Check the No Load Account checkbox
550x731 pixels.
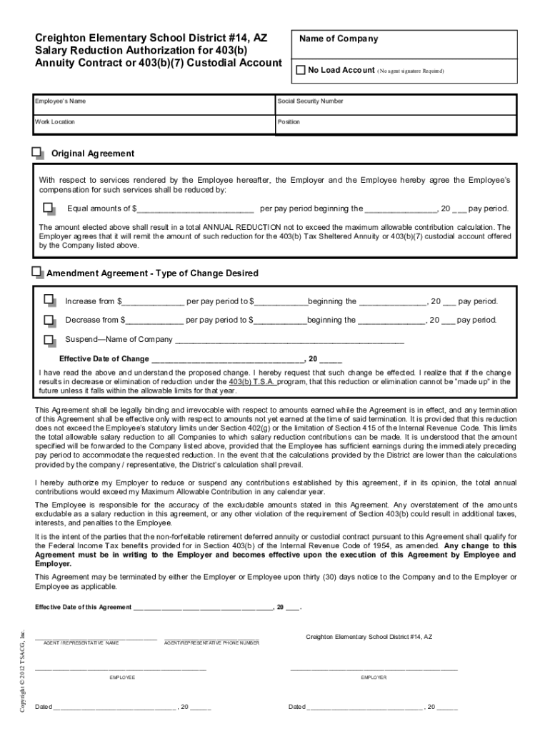pos(301,70)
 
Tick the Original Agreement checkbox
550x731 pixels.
pos(38,153)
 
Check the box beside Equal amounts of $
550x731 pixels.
pos(49,208)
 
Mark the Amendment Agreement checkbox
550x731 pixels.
pos(38,272)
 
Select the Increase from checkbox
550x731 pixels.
pos(49,301)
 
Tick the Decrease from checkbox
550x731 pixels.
pos(49,320)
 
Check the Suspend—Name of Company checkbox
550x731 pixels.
pos(49,339)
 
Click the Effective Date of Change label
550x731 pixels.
pos(104,359)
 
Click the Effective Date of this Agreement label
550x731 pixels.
pos(84,608)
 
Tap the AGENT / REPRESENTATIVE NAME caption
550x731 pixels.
pos(81,643)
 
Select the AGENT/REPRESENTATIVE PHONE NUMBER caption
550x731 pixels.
pos(211,643)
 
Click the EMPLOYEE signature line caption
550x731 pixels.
pos(121,677)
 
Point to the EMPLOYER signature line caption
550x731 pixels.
pos(374,677)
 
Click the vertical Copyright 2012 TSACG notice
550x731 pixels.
pos(23,670)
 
